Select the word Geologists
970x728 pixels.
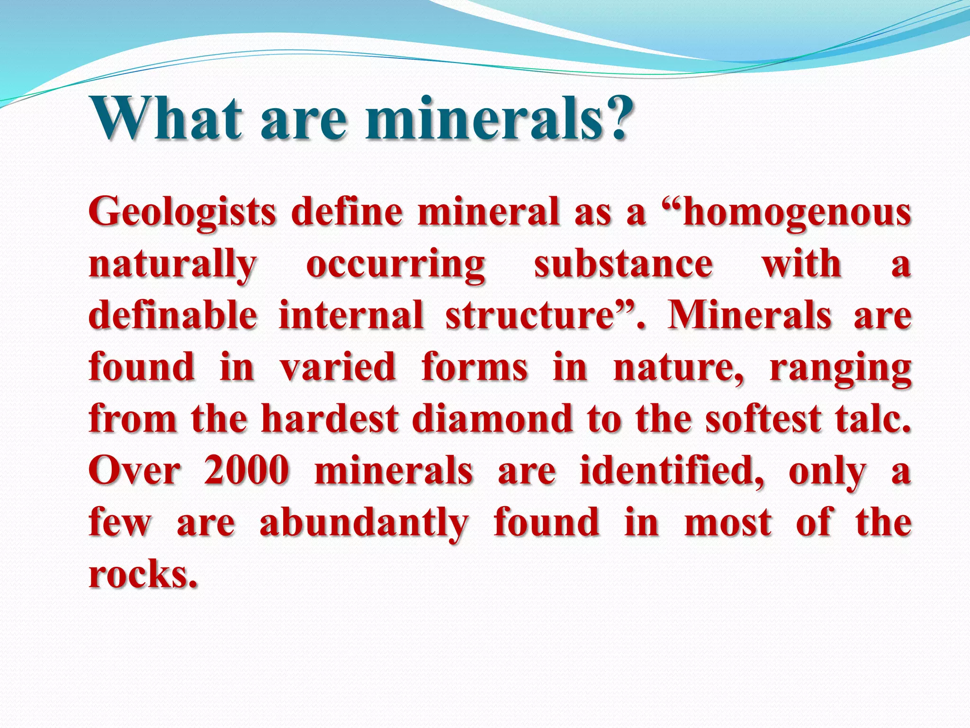coord(182,213)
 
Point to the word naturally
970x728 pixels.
coord(172,265)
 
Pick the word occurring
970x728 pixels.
coord(395,265)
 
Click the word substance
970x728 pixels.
coord(623,264)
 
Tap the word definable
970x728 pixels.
coord(173,316)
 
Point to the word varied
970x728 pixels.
coord(338,367)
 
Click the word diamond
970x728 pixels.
coord(492,419)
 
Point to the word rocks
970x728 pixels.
coord(142,574)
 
